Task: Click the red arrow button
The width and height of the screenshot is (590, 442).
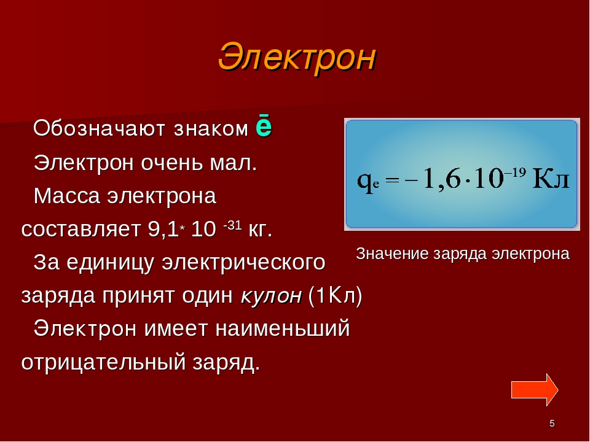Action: point(535,390)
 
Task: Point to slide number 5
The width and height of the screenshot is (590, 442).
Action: point(552,424)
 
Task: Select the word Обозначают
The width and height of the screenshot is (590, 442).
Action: point(99,128)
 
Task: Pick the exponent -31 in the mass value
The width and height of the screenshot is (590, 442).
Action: point(232,225)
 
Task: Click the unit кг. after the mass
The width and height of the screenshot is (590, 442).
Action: point(261,229)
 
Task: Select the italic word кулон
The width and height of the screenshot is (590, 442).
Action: point(271,296)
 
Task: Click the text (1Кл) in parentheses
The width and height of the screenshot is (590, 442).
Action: point(335,295)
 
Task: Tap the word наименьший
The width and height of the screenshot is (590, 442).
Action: point(283,328)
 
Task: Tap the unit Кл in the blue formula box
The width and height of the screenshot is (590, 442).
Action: point(552,179)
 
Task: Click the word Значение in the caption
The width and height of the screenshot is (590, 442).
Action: point(393,254)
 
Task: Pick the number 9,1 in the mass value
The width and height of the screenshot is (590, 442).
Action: point(163,229)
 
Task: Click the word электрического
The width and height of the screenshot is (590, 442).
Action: point(243,262)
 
